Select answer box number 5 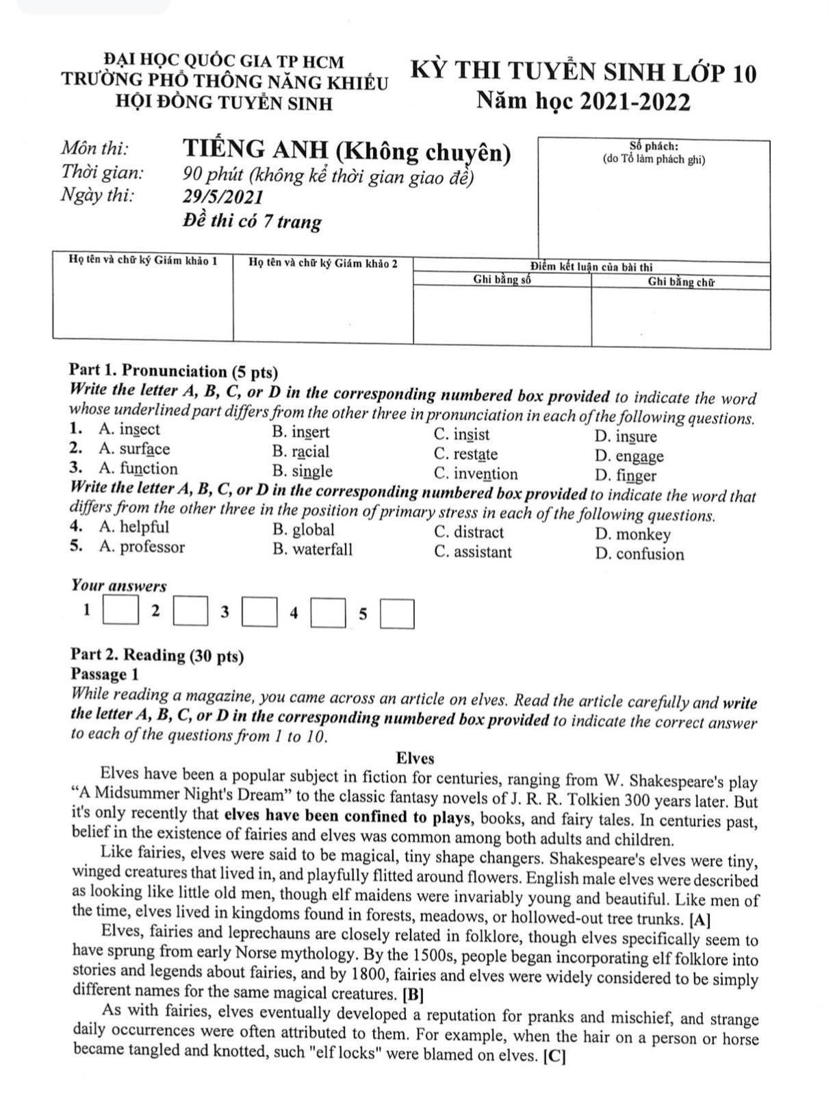click(x=398, y=614)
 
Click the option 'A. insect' click(x=129, y=429)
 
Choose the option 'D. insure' click(x=626, y=436)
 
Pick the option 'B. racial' click(x=301, y=452)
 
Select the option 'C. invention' click(x=476, y=474)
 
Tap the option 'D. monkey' click(x=633, y=534)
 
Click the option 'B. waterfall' click(x=312, y=549)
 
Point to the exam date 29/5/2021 click(x=223, y=197)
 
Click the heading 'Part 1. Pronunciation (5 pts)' click(x=174, y=372)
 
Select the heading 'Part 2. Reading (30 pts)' click(x=157, y=656)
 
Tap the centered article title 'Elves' click(x=415, y=758)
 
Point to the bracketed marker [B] click(x=414, y=994)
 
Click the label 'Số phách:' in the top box click(x=654, y=146)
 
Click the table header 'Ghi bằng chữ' click(x=681, y=282)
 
